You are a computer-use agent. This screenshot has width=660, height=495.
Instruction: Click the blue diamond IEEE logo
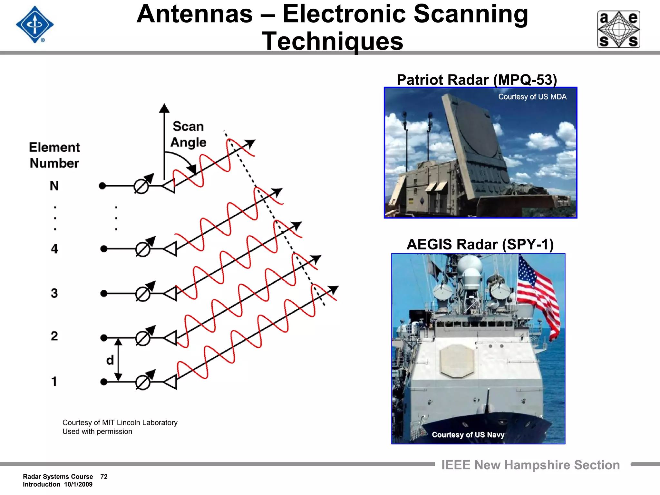pyautogui.click(x=35, y=24)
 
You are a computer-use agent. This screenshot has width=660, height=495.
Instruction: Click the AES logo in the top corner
pyautogui.click(x=618, y=29)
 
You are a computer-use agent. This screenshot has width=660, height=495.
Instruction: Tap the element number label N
pyautogui.click(x=54, y=186)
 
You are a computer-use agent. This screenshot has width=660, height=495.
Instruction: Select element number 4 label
pyautogui.click(x=54, y=249)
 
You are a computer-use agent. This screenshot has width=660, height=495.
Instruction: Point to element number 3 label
pyautogui.click(x=54, y=293)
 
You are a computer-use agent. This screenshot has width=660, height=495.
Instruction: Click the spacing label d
pyautogui.click(x=110, y=360)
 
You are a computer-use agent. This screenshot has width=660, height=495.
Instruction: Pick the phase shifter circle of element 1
pyautogui.click(x=142, y=383)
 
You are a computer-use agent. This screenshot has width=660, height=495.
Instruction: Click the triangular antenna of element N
pyautogui.click(x=169, y=186)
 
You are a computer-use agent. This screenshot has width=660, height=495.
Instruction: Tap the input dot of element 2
pyautogui.click(x=104, y=338)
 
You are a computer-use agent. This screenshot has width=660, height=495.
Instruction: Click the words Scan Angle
pyautogui.click(x=188, y=134)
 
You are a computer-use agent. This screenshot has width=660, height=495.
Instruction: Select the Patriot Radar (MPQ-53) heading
pyautogui.click(x=477, y=80)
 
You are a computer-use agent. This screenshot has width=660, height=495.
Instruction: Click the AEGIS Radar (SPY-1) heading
pyautogui.click(x=480, y=244)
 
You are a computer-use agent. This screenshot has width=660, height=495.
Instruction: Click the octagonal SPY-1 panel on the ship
pyautogui.click(x=457, y=361)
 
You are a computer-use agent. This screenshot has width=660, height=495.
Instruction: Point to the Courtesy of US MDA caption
pyautogui.click(x=532, y=97)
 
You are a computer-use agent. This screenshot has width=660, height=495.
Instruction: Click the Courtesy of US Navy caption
pyautogui.click(x=468, y=435)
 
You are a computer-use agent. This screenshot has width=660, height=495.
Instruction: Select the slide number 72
pyautogui.click(x=104, y=477)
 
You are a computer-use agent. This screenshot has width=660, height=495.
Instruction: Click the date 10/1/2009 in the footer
pyautogui.click(x=78, y=484)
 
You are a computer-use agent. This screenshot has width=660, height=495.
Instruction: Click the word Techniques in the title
pyautogui.click(x=332, y=41)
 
